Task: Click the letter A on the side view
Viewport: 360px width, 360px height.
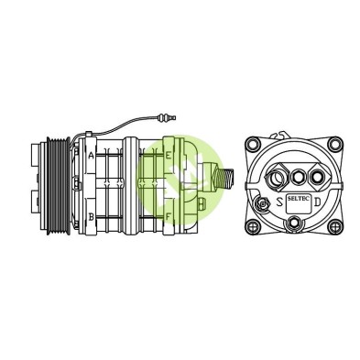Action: pos(91,156)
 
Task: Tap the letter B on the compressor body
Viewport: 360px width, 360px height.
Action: pos(91,217)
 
